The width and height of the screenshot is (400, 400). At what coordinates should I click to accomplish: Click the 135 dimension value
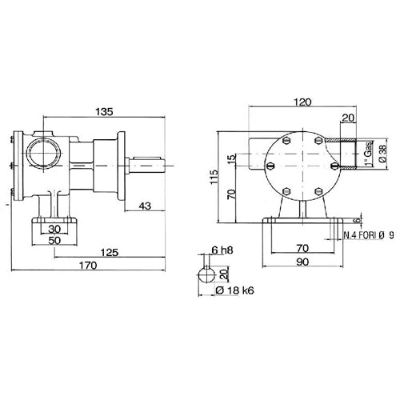(x=104, y=112)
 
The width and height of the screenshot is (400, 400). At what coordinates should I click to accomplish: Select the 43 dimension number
(x=145, y=206)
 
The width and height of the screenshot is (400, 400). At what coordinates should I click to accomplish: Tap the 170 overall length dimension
(x=88, y=266)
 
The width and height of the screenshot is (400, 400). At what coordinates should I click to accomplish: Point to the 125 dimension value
(x=110, y=252)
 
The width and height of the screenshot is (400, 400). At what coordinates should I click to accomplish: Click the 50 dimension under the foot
(x=54, y=241)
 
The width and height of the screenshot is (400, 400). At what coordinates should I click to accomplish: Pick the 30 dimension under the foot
(x=54, y=229)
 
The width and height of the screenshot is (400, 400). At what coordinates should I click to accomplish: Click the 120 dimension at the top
(x=302, y=102)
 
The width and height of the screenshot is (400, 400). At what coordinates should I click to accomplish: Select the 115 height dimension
(x=214, y=177)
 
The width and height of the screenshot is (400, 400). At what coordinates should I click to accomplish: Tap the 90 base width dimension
(x=302, y=262)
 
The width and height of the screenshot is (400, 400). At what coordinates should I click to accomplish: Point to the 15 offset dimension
(x=233, y=157)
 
